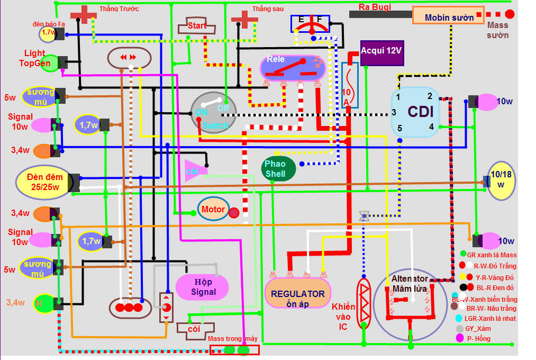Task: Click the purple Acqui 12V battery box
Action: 381,52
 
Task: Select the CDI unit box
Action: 415,112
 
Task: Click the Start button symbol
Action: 197,25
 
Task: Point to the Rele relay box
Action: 292,68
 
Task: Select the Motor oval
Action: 214,209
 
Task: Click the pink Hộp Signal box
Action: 203,287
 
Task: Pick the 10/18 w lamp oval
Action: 501,181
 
